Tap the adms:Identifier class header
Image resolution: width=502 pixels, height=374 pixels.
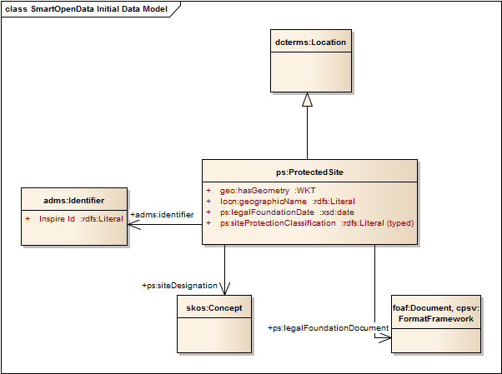coord(73,201)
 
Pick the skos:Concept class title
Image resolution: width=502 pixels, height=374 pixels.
coord(214,308)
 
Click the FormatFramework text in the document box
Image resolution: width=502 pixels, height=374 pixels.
coord(436,319)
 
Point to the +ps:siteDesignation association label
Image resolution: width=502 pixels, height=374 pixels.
coord(180,286)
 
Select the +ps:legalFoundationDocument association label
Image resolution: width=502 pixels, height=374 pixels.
coord(328,328)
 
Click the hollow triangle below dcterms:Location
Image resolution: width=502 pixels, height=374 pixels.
coord(308,98)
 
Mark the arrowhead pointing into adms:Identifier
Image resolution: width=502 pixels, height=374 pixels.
coord(132,223)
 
